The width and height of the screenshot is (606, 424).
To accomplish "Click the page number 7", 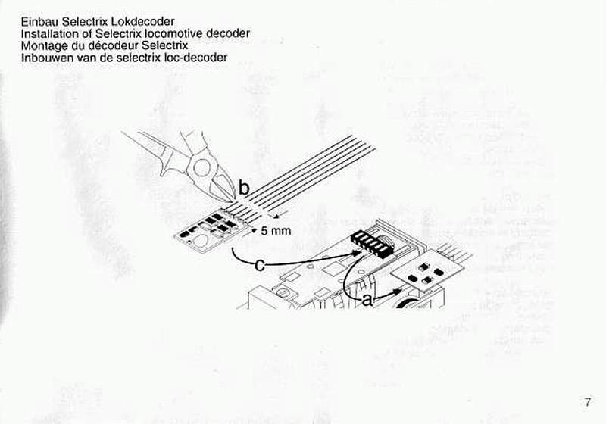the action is click(x=588, y=402).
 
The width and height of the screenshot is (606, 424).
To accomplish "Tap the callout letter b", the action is click(x=244, y=188).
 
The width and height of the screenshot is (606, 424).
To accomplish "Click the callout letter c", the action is click(x=260, y=265).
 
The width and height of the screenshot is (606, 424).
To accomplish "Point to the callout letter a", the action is click(x=367, y=300).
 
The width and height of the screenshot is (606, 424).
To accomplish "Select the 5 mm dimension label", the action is click(x=276, y=231).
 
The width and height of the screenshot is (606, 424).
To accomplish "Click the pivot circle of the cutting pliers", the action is click(x=201, y=167).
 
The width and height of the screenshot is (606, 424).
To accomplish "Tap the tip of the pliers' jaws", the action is click(x=234, y=201).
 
